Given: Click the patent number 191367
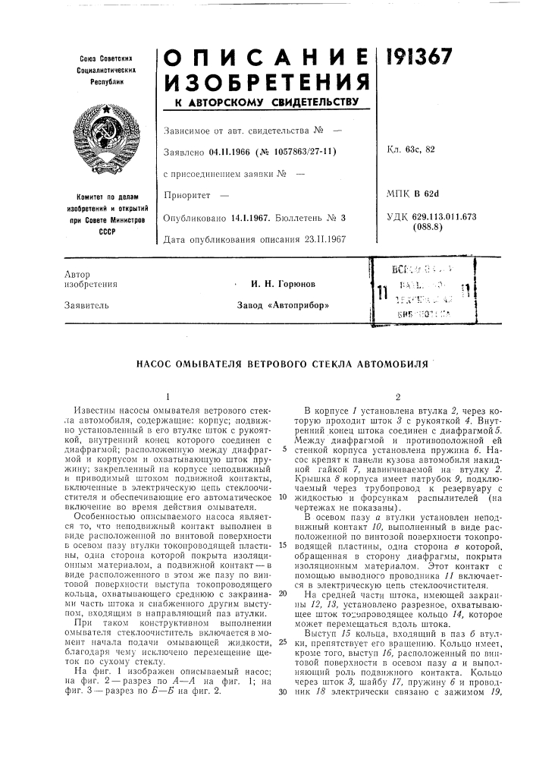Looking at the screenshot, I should [x=418, y=55].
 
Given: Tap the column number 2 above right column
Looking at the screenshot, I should [x=397, y=395].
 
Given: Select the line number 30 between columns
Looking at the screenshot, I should [x=282, y=713].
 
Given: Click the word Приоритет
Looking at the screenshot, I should [x=186, y=197].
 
